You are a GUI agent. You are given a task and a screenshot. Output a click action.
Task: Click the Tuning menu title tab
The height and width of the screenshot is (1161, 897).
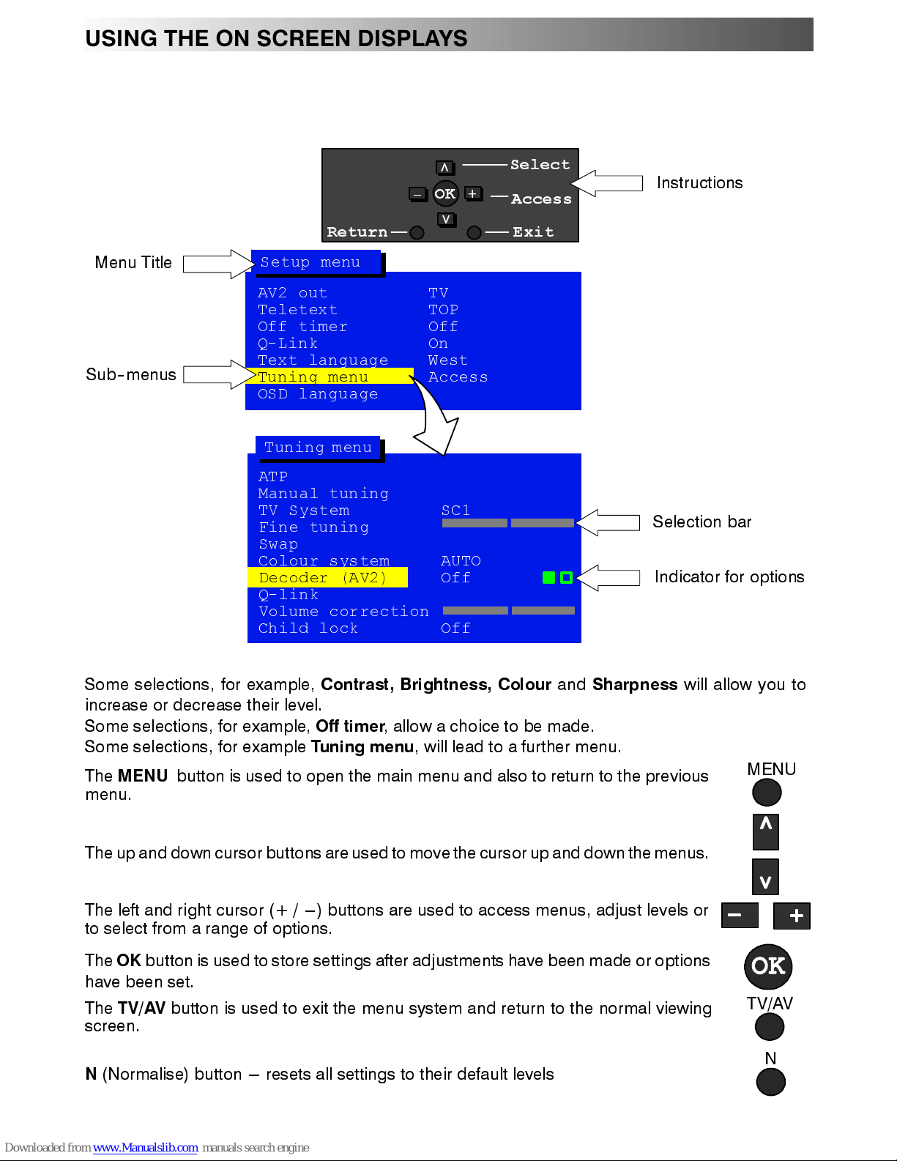(318, 447)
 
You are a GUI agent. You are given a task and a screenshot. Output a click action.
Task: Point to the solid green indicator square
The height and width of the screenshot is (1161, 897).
(548, 577)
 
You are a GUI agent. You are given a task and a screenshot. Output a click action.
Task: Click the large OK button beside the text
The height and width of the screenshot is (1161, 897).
(768, 966)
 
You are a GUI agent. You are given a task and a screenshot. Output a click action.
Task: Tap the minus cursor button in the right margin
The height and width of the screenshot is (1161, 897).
(739, 916)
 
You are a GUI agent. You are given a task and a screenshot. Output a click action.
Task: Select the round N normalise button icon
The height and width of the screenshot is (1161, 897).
(770, 1082)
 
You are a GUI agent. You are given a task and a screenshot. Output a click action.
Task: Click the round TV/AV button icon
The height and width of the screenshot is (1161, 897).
(769, 1027)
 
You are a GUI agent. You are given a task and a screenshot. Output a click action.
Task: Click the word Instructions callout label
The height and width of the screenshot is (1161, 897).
(699, 183)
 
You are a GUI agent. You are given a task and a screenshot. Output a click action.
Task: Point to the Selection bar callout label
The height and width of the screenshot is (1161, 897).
(701, 522)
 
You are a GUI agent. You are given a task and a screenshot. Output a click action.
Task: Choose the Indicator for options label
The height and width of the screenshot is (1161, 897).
(729, 577)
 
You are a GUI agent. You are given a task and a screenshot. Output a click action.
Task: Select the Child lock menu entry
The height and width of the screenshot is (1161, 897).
(308, 628)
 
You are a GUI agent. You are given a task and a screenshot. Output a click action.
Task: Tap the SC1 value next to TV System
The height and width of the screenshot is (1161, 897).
(455, 510)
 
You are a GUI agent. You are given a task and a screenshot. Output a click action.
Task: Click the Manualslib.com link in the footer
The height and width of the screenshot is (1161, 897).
(145, 1147)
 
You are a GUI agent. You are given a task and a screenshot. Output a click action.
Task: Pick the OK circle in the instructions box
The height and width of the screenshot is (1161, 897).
(445, 194)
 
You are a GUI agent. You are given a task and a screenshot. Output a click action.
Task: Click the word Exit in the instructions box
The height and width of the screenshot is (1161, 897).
(533, 232)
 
